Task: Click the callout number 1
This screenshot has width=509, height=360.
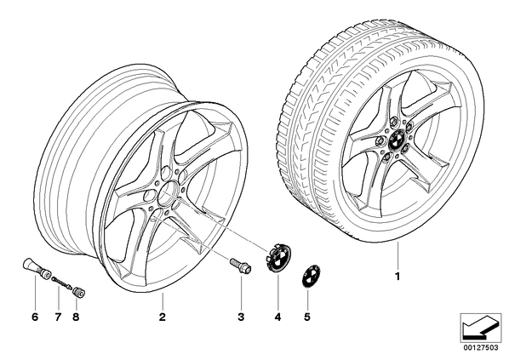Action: pos(397,277)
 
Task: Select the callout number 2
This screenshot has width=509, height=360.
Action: pos(163,317)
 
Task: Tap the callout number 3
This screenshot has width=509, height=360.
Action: pos(241,317)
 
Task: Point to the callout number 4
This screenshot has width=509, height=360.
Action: pos(277,317)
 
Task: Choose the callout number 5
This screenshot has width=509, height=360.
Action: pos(307,317)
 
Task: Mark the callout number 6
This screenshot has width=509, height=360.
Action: pos(35,317)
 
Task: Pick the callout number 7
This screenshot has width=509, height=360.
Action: pos(58,317)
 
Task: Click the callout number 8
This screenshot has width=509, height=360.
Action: pos(76,317)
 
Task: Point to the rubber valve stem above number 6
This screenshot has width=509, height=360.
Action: pos(36,269)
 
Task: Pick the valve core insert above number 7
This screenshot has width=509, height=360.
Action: pos(61,281)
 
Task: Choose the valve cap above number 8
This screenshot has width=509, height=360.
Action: pos(78,292)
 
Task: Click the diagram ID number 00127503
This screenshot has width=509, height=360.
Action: pos(480,348)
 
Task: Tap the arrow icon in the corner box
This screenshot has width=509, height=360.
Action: pos(480,327)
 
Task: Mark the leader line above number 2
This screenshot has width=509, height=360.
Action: pos(163,300)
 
